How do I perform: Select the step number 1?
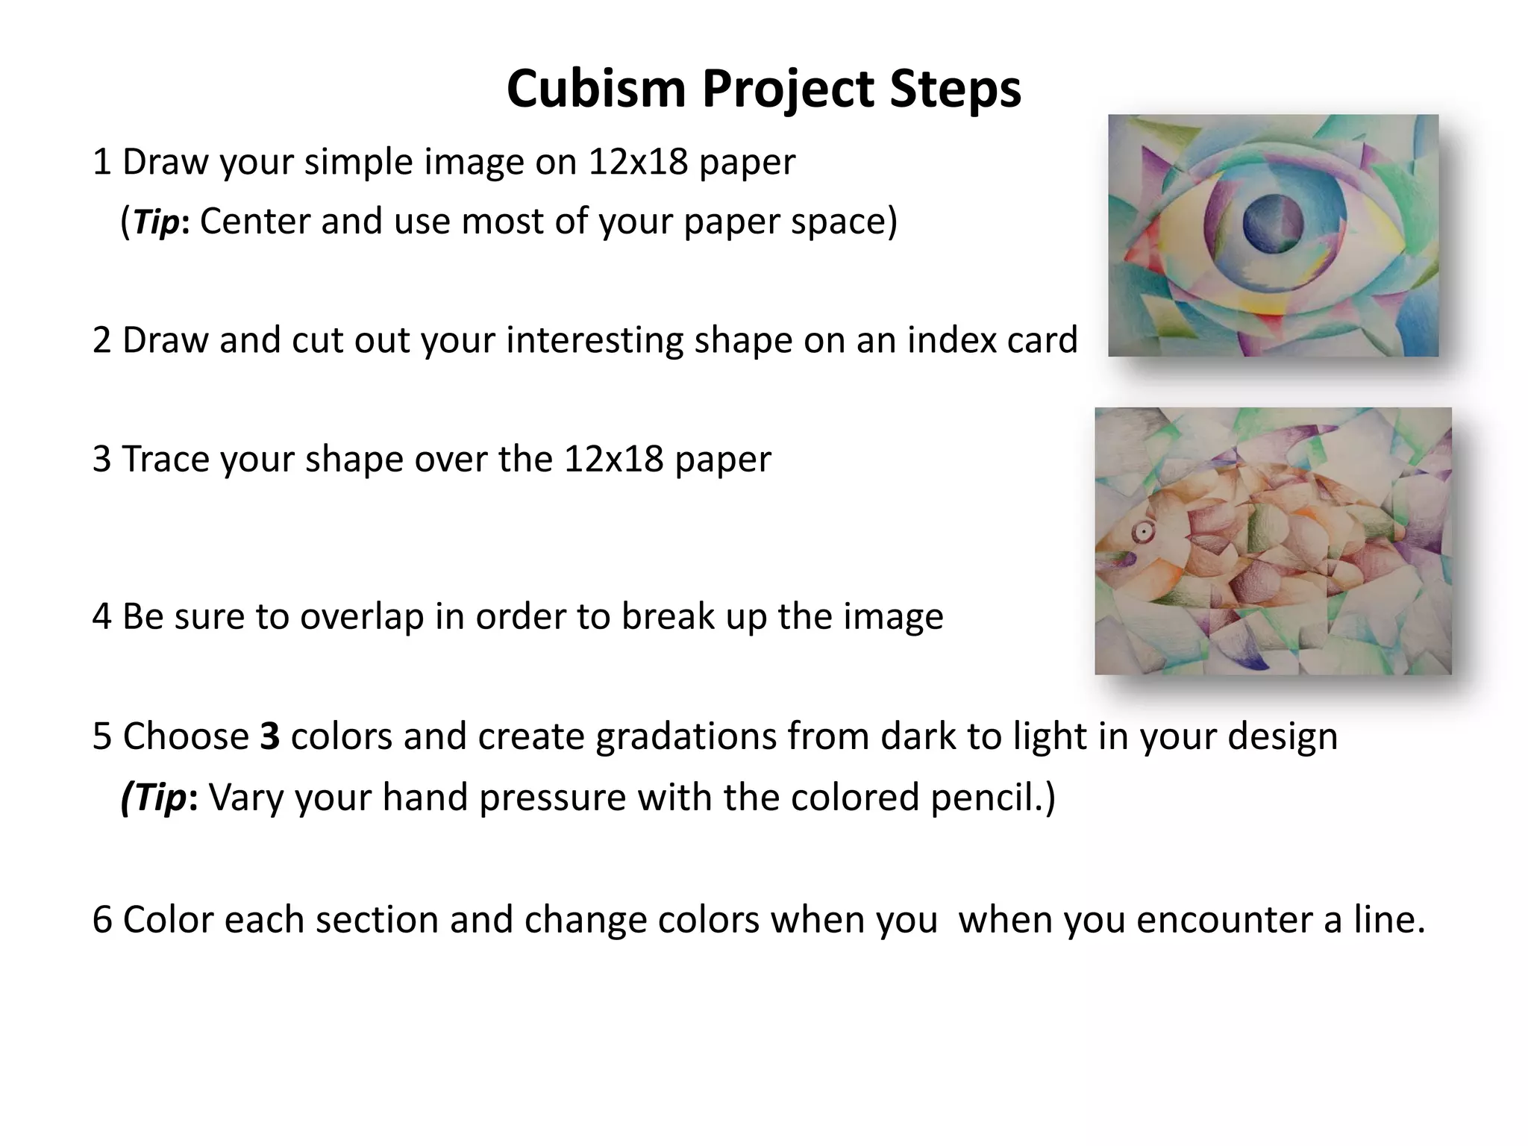[x=101, y=162]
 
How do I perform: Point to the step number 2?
[x=101, y=340]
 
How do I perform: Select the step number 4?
[x=101, y=617]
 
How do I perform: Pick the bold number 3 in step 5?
[x=269, y=736]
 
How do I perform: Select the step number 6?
[x=101, y=919]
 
